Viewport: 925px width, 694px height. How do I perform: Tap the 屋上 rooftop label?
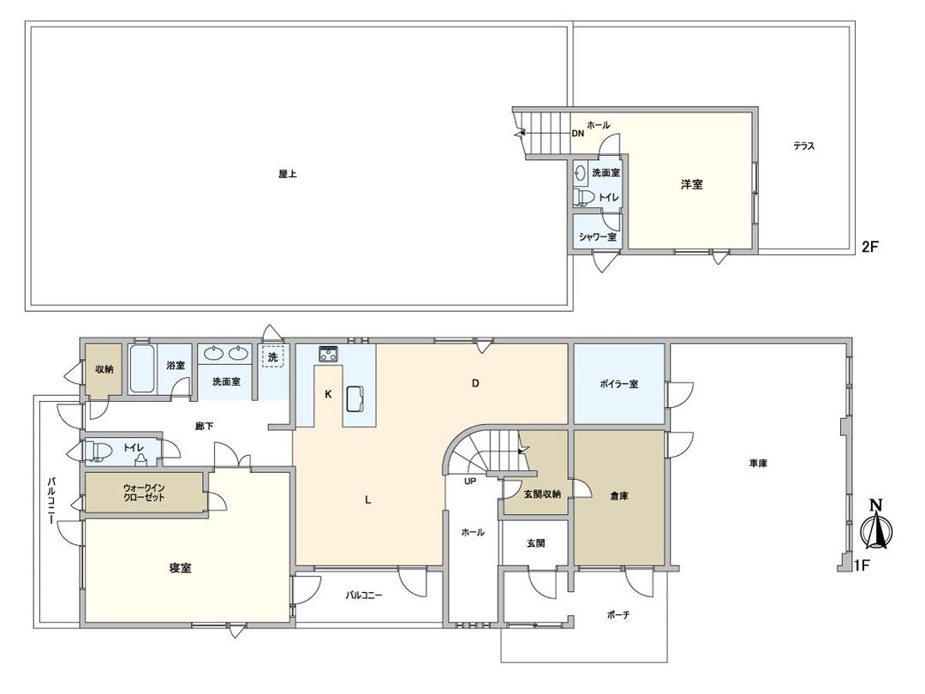click(x=287, y=173)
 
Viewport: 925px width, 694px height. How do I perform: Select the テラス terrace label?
click(x=803, y=147)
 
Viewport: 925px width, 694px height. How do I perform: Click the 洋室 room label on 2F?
click(x=692, y=184)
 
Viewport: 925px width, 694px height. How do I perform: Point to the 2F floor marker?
click(x=870, y=247)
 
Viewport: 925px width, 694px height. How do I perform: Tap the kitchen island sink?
click(x=356, y=399)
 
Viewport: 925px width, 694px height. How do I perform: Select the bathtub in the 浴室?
click(x=142, y=369)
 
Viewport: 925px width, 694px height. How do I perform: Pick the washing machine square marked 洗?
click(x=272, y=356)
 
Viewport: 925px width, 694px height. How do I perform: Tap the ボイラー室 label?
click(x=618, y=384)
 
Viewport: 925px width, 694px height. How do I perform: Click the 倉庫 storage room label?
click(x=619, y=495)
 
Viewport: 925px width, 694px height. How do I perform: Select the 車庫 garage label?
click(x=758, y=464)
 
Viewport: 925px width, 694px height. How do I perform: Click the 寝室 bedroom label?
click(x=180, y=567)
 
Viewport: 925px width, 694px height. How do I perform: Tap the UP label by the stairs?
click(x=470, y=482)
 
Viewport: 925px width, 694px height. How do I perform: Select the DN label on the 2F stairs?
click(x=577, y=134)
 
